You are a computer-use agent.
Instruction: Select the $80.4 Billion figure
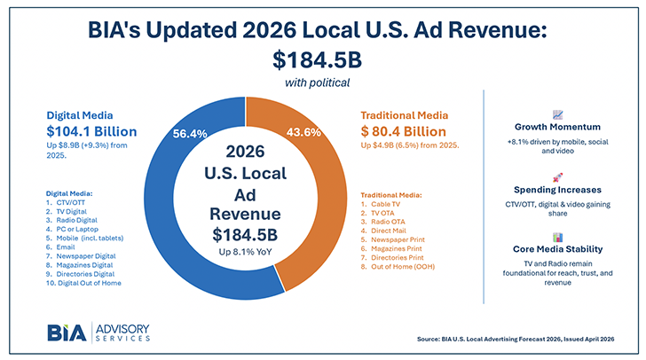tap(404, 130)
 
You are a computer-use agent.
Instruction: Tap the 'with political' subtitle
tap(322, 83)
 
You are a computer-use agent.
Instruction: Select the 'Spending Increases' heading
tap(557, 190)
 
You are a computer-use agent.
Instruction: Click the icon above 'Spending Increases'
tap(557, 176)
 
